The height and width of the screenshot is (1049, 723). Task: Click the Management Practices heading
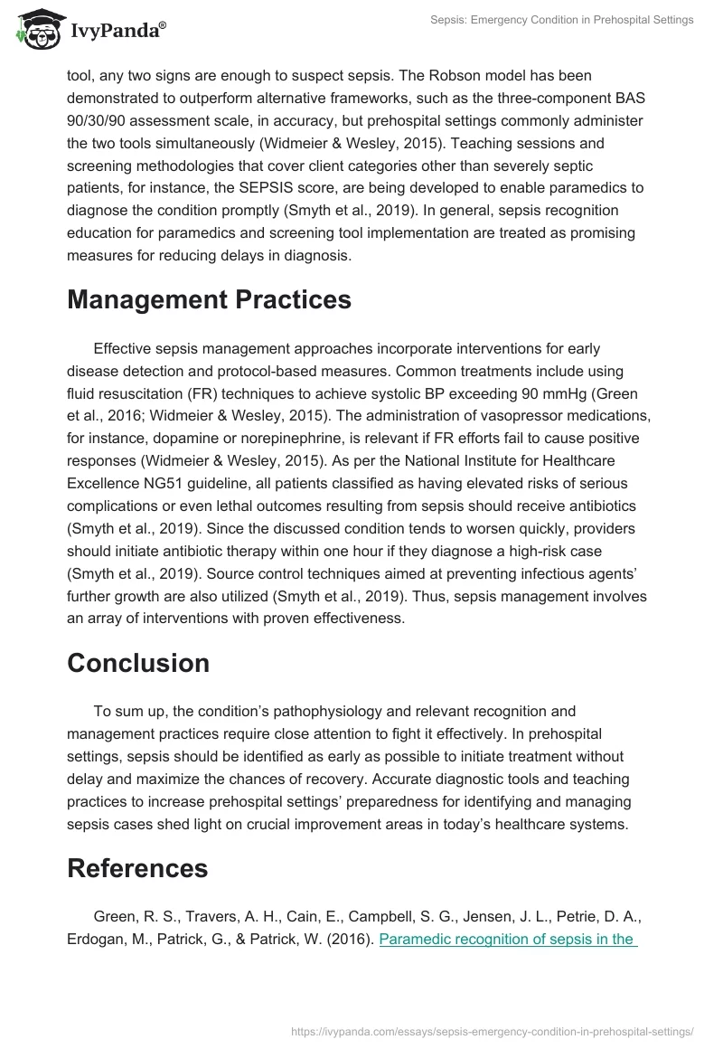[x=209, y=300]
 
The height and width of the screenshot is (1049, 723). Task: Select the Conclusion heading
[x=138, y=663]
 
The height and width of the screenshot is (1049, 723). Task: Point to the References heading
[x=137, y=868]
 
